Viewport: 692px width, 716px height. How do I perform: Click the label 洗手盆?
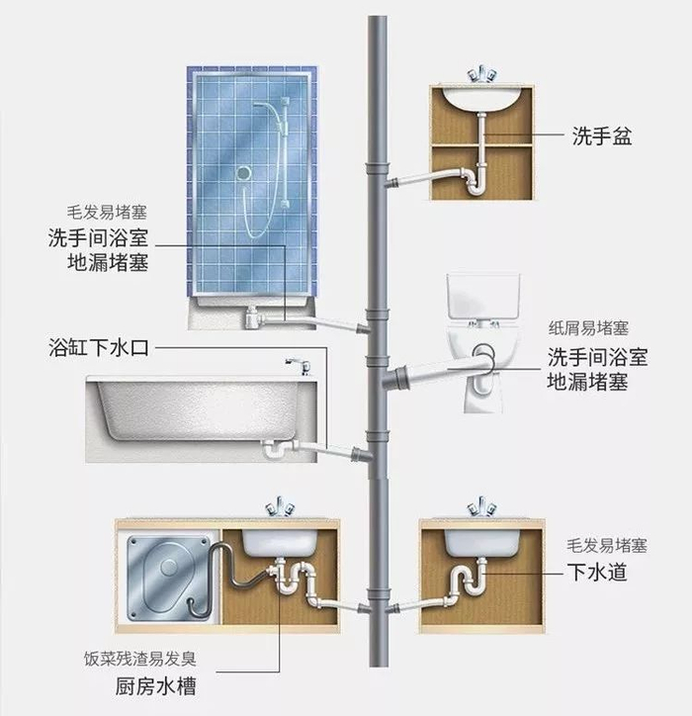pyautogui.click(x=602, y=135)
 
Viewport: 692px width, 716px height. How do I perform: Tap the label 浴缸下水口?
pyautogui.click(x=99, y=348)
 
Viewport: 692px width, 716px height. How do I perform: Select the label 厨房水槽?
pyautogui.click(x=155, y=686)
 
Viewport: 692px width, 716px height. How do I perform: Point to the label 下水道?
pyautogui.click(x=597, y=573)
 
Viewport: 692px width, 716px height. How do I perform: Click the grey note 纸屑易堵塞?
pyautogui.click(x=588, y=328)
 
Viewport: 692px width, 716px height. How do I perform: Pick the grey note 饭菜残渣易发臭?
pyautogui.click(x=140, y=659)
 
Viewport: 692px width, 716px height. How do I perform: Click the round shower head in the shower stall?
pyautogui.click(x=244, y=173)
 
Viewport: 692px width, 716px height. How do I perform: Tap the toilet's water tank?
pyautogui.click(x=483, y=297)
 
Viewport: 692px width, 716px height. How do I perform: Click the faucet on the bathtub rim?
pyautogui.click(x=299, y=366)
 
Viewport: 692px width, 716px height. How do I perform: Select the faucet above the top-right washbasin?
pyautogui.click(x=482, y=75)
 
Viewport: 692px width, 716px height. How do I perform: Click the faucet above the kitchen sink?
pyautogui.click(x=281, y=506)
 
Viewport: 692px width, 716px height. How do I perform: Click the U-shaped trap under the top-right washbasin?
pyautogui.click(x=475, y=182)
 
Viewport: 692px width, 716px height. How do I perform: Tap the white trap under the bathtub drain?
pyautogui.click(x=274, y=448)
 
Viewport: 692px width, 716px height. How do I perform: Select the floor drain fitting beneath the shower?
pyautogui.click(x=252, y=317)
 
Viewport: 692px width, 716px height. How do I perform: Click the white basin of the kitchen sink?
pyautogui.click(x=280, y=542)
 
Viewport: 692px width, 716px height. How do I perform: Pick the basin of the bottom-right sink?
pyautogui.click(x=482, y=543)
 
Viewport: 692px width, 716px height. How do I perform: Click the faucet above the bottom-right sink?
pyautogui.click(x=482, y=506)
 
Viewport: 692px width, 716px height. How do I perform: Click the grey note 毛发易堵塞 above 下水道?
pyautogui.click(x=607, y=546)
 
